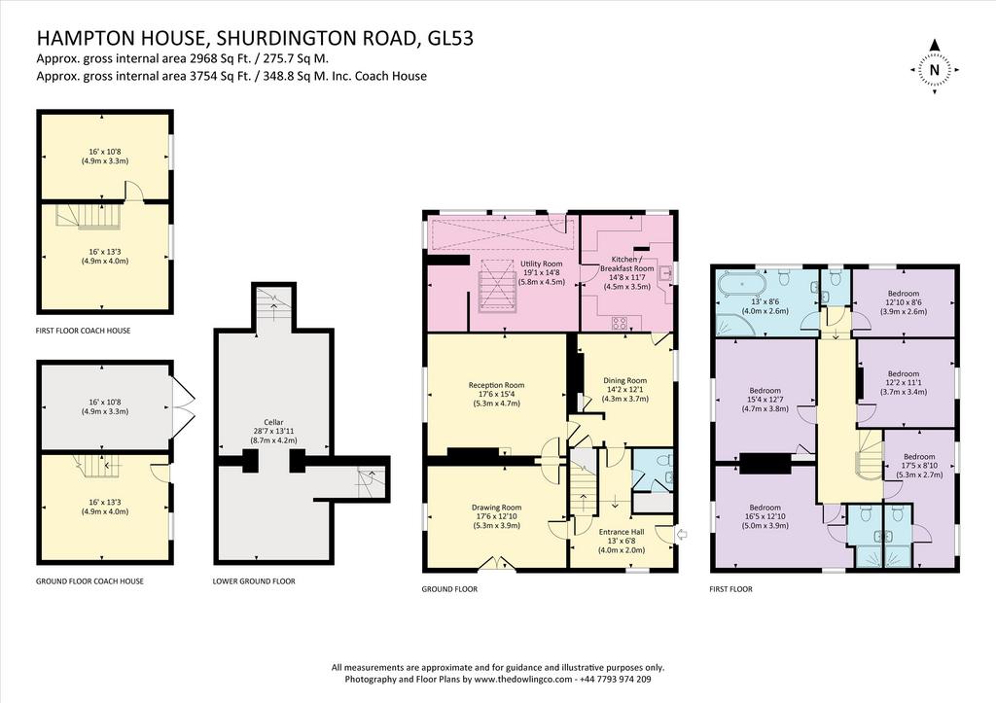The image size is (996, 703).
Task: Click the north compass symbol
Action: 934,69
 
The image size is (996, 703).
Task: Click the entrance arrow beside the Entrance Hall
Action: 682,536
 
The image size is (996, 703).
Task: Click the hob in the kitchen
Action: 620,323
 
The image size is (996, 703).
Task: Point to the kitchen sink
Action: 665,273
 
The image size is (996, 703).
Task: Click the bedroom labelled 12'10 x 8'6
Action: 904,302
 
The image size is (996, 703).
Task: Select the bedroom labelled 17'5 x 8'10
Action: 919,466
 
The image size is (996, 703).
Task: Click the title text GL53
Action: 450,38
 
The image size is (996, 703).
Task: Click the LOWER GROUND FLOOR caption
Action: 254,581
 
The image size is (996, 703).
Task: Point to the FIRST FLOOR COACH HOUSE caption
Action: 84,331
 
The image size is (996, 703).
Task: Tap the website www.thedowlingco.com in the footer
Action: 522,679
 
